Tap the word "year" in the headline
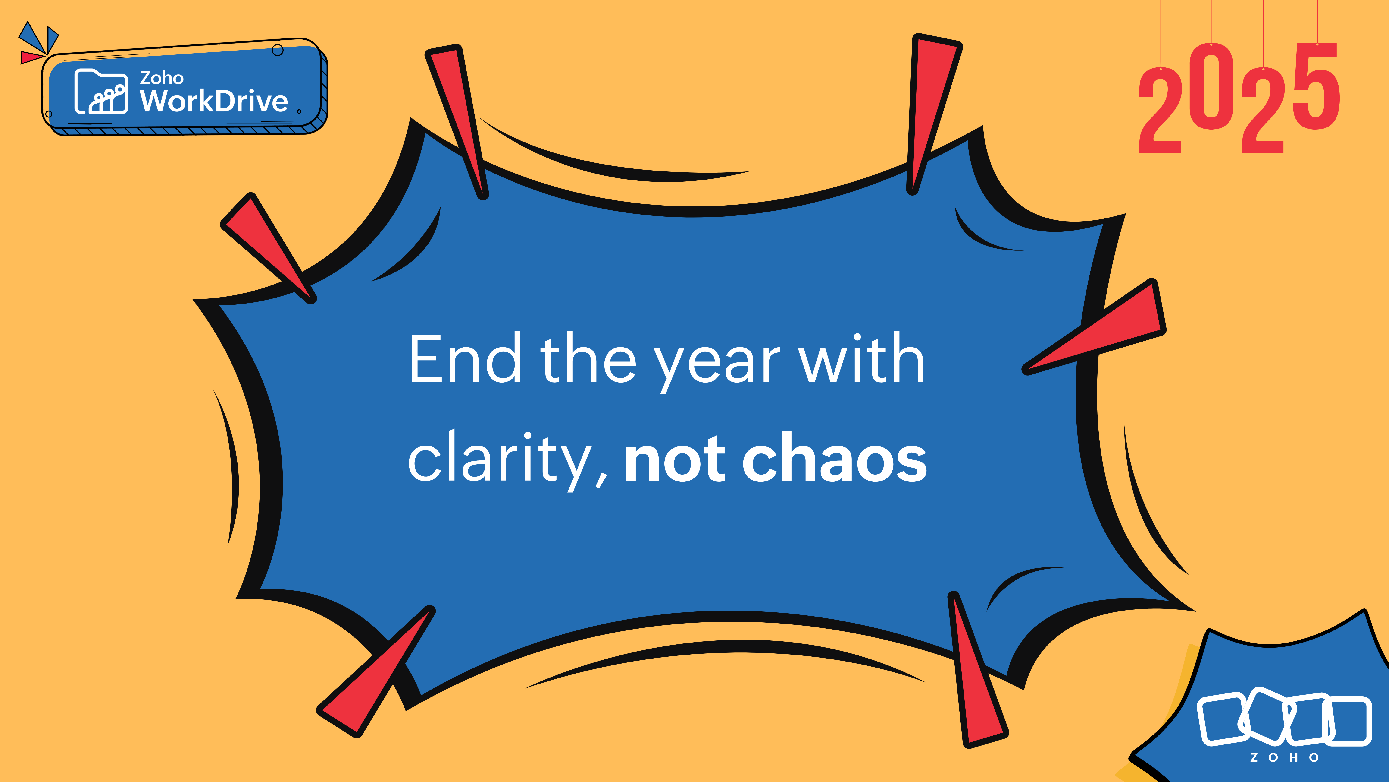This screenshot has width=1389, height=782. pyautogui.click(x=717, y=363)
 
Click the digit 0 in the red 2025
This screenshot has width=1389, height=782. pyautogui.click(x=1211, y=87)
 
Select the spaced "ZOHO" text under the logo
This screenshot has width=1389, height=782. pyautogui.click(x=1284, y=758)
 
